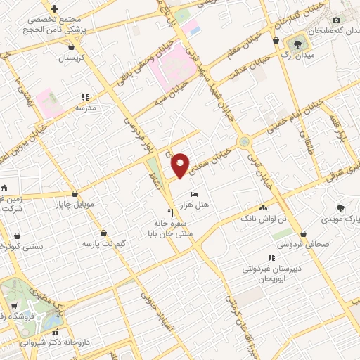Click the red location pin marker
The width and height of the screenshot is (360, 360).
181,165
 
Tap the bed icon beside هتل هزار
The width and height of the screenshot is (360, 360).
195,193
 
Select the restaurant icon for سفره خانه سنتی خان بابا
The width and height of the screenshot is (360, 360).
170,212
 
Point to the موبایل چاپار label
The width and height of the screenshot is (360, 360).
75,205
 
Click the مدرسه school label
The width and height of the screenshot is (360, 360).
85,108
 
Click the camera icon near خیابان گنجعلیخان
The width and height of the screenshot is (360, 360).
336,20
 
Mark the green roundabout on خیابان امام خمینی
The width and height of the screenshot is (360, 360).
244,141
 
